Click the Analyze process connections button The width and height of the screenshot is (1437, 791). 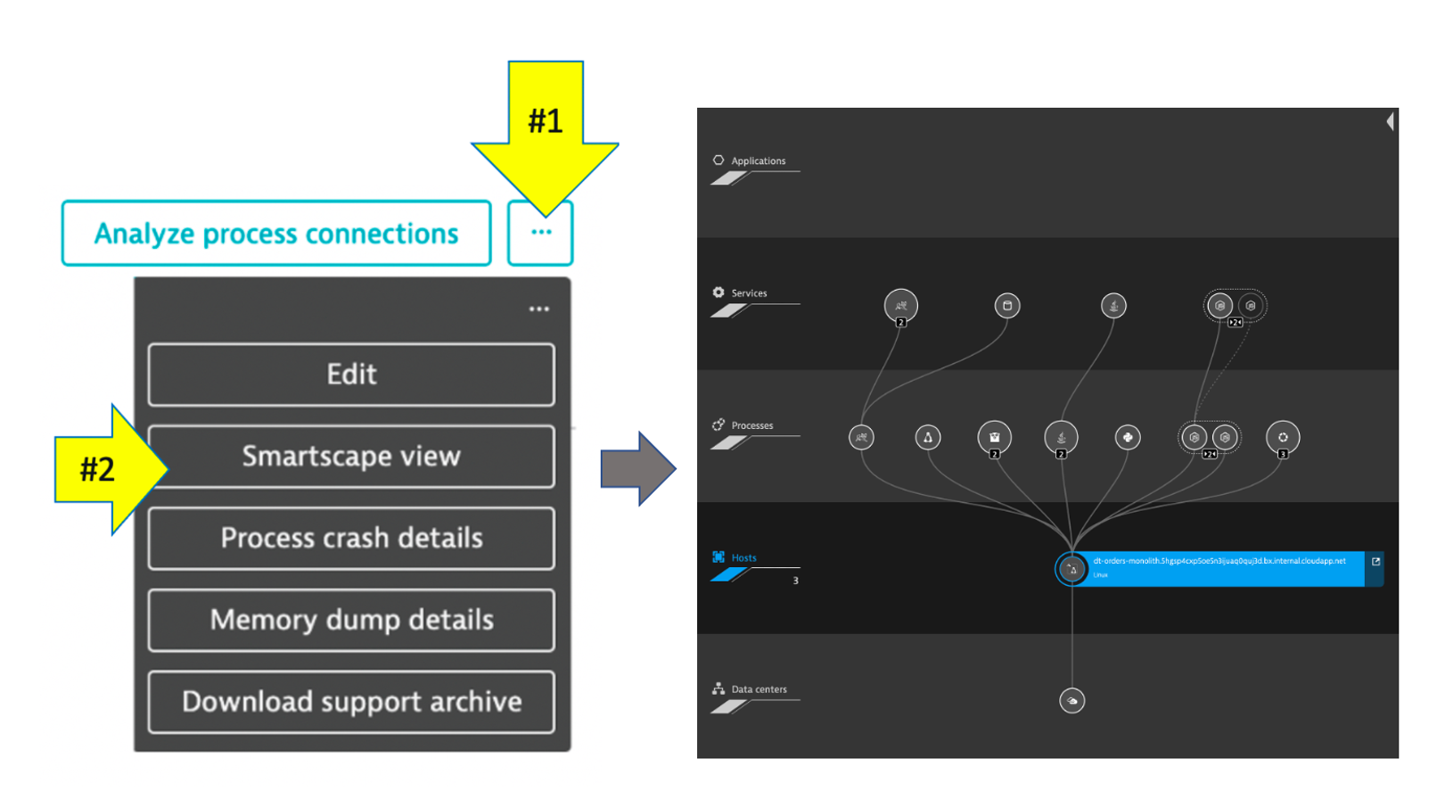coord(276,234)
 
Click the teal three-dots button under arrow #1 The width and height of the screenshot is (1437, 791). coord(540,234)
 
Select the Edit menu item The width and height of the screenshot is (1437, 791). coord(351,375)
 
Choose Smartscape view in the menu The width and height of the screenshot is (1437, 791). coord(351,457)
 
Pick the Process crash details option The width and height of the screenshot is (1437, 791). coord(351,539)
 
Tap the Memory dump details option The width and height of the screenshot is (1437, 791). coord(351,621)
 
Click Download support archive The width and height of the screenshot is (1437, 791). coord(351,703)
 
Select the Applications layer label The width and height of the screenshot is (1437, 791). coord(758,161)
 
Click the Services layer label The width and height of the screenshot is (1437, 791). coord(749,293)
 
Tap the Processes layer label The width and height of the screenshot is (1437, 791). coord(751,425)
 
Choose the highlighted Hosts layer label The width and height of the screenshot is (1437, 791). coord(743,558)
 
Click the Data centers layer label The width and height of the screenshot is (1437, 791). coord(759,689)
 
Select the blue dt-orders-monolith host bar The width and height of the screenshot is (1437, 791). coord(1221,569)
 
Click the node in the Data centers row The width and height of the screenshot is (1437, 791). coord(1072,701)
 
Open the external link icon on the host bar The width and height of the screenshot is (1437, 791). coord(1375,562)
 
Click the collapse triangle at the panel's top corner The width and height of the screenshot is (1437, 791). coord(1390,122)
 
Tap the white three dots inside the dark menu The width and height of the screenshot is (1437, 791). coord(538,309)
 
